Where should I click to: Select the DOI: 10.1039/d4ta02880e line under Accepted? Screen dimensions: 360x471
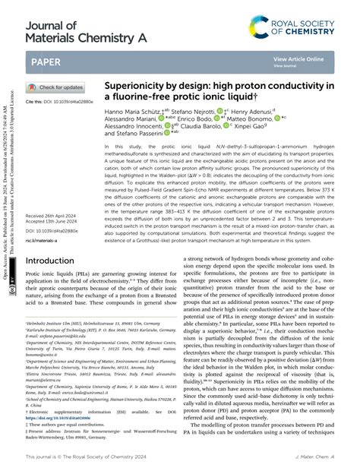(52, 210)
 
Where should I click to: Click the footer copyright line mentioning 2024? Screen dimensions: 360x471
(79, 457)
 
